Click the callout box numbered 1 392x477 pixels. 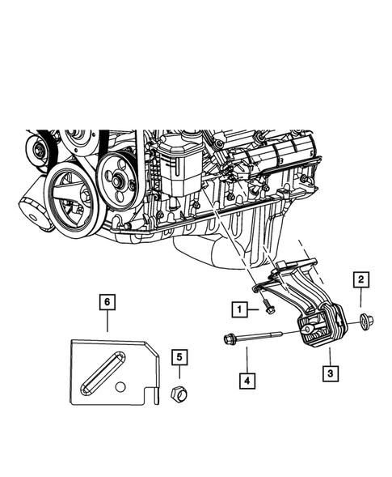pyautogui.click(x=238, y=309)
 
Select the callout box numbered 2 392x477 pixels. pyautogui.click(x=360, y=281)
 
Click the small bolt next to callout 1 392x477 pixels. pyautogui.click(x=268, y=308)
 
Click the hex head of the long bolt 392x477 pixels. pyautogui.click(x=229, y=339)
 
